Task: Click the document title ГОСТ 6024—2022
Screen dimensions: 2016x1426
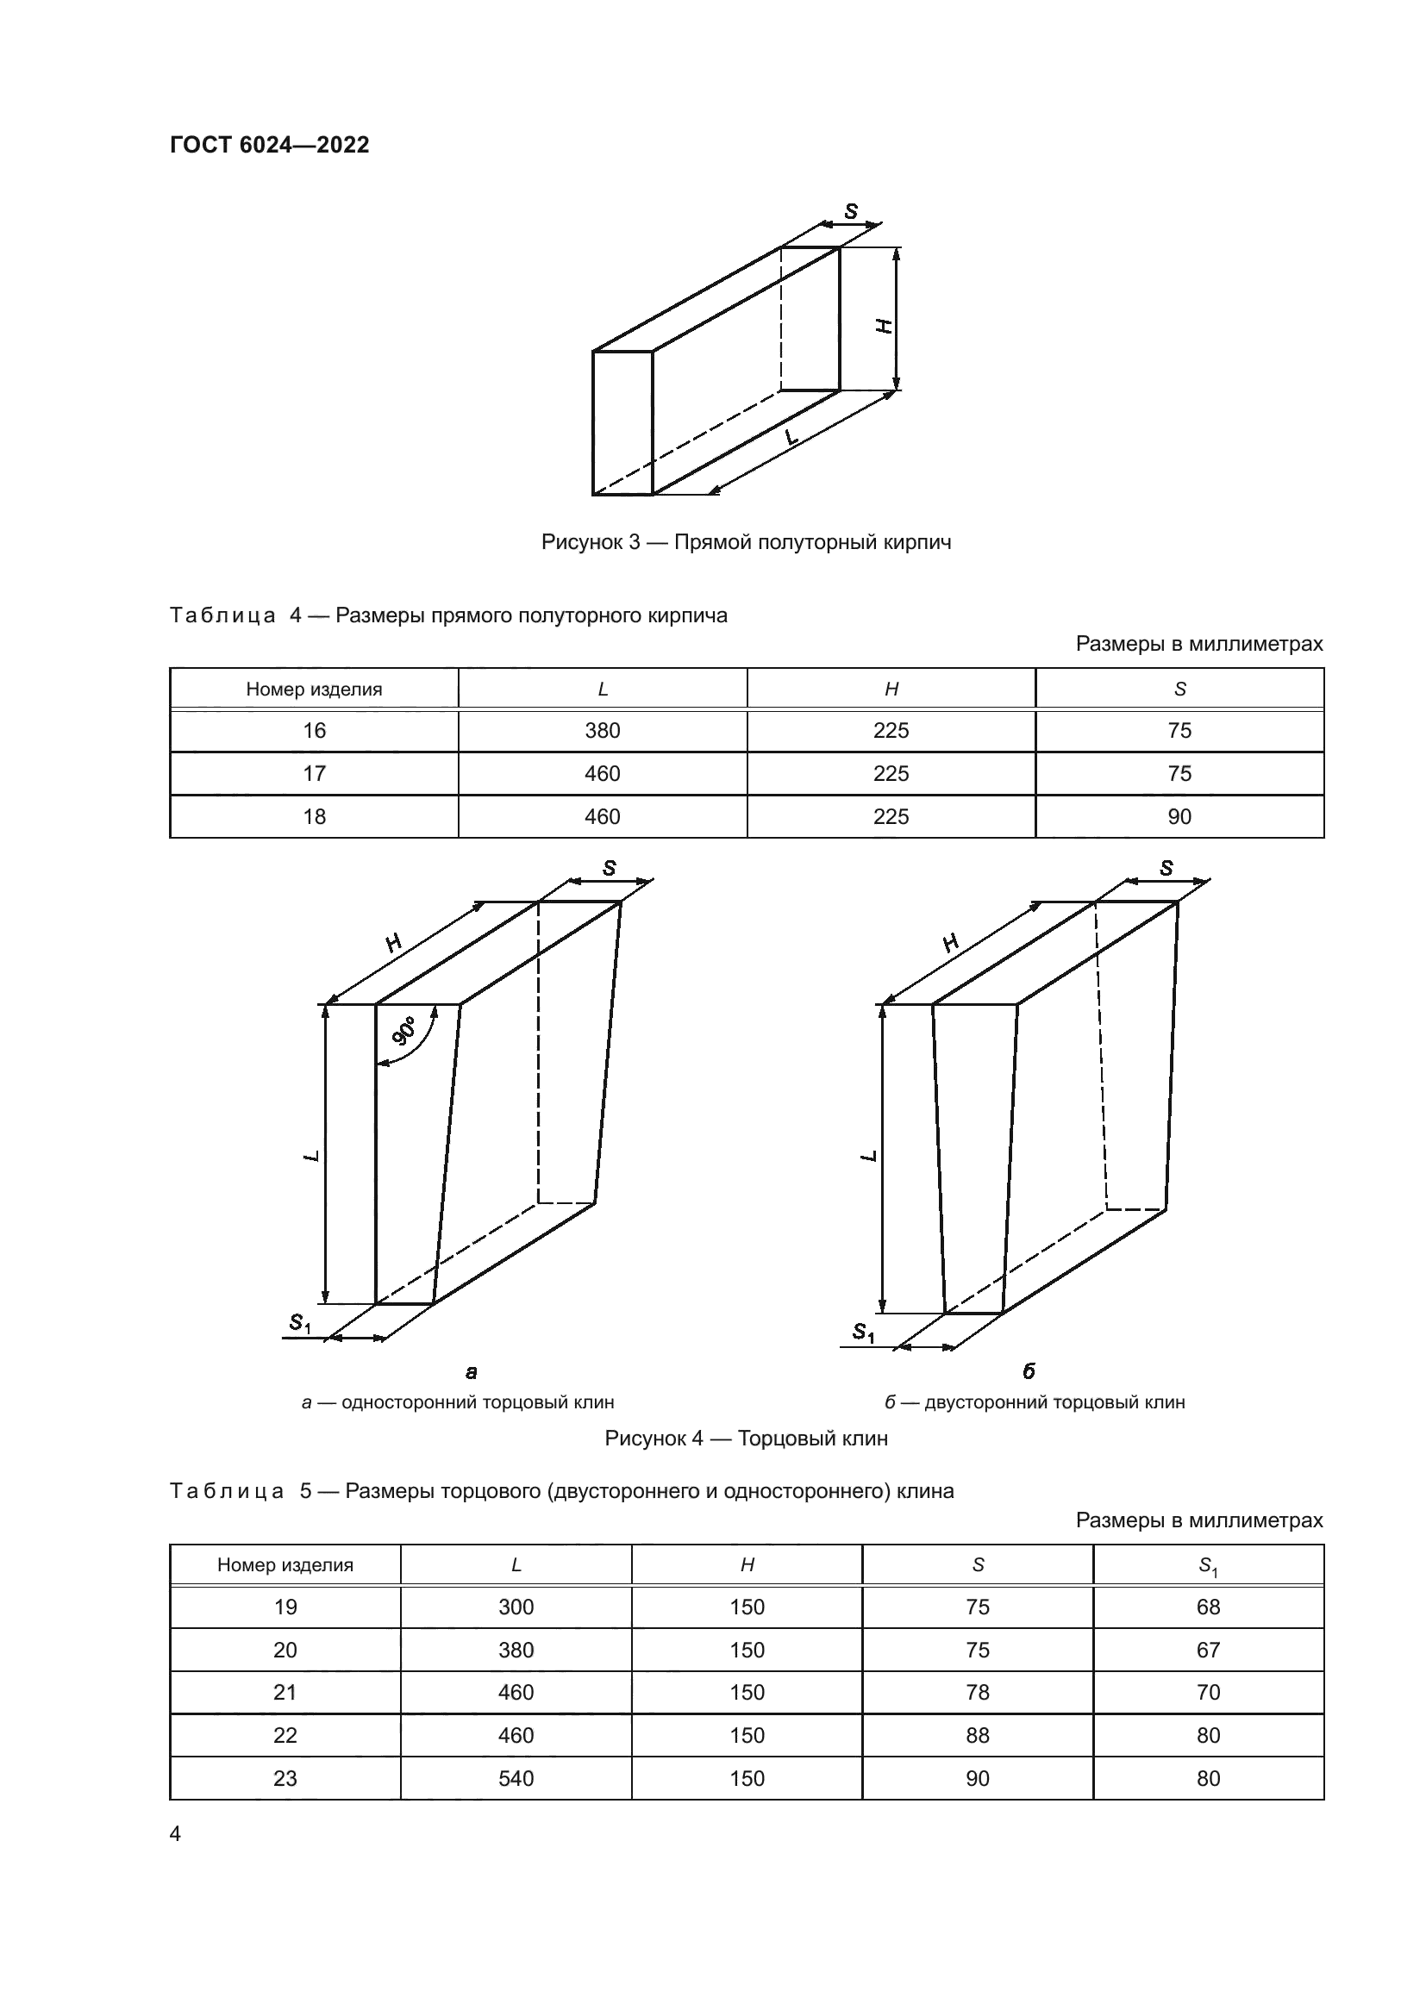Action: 270,145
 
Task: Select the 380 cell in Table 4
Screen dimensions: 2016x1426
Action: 603,731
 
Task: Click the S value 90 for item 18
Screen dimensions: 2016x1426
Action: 1179,816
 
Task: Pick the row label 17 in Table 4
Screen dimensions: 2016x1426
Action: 315,773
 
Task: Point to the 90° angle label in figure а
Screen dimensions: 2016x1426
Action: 405,1031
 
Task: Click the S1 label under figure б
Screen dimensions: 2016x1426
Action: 864,1333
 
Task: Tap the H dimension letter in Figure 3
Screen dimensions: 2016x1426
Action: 885,326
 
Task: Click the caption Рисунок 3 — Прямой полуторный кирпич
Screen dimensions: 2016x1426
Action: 746,542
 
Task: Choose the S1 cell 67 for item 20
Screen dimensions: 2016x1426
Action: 1208,1650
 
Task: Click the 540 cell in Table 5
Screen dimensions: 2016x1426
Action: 516,1778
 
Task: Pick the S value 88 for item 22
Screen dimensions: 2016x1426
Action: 978,1735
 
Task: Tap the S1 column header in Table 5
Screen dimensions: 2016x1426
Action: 1208,1564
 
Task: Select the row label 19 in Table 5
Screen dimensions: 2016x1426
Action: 285,1607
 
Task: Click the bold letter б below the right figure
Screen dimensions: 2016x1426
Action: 1029,1371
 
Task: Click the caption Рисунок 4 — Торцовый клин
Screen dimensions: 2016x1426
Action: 746,1439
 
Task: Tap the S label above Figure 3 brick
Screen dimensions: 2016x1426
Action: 851,212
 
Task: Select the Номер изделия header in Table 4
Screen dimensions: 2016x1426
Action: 315,690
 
